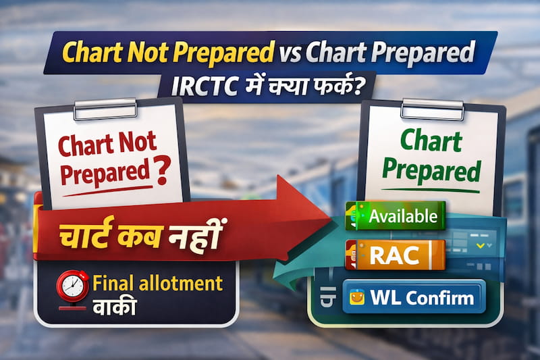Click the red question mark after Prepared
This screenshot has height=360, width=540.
(x=161, y=174)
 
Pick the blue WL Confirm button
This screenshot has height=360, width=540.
(x=413, y=297)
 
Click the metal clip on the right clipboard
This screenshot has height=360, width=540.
(x=432, y=109)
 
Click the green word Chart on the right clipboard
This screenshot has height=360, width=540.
(x=431, y=142)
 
